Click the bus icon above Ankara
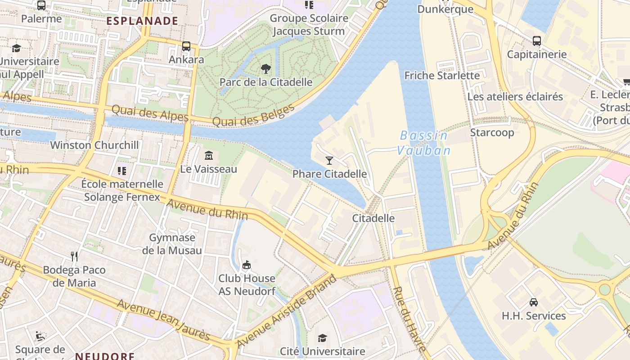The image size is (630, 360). click(x=186, y=46)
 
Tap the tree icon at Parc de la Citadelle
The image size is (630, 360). click(x=266, y=69)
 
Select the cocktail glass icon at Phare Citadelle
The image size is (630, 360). click(x=329, y=160)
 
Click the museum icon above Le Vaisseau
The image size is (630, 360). click(x=208, y=156)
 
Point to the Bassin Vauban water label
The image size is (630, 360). click(x=423, y=143)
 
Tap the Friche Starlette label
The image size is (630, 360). click(x=442, y=75)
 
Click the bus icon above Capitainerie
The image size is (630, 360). click(x=536, y=41)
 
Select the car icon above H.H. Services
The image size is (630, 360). click(x=534, y=302)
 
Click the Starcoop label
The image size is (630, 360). click(x=492, y=132)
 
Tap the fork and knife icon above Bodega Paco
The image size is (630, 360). click(x=75, y=256)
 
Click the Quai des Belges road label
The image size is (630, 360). click(x=253, y=116)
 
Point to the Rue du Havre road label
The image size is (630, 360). click(x=409, y=319)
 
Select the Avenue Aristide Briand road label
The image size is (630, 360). click(x=286, y=311)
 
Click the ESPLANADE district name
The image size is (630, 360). click(x=142, y=21)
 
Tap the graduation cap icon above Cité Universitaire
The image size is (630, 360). click(x=322, y=338)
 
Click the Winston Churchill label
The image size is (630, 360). click(x=94, y=145)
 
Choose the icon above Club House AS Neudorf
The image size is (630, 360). click(x=246, y=265)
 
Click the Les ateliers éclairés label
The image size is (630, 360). click(x=515, y=96)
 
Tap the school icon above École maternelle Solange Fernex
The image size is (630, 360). click(x=121, y=171)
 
